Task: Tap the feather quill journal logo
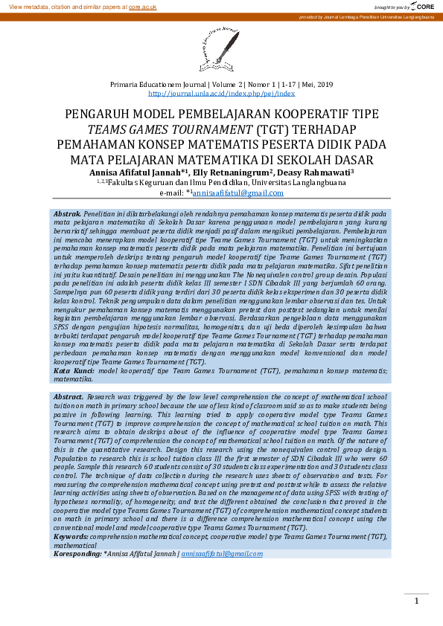[221, 47]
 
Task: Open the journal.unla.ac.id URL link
[221, 94]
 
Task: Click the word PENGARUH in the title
[98, 115]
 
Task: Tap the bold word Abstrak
[68, 213]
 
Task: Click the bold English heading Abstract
[68, 397]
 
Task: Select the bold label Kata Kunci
[73, 370]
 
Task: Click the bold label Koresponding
[77, 553]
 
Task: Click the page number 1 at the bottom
[417, 601]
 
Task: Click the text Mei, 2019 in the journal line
[319, 85]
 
